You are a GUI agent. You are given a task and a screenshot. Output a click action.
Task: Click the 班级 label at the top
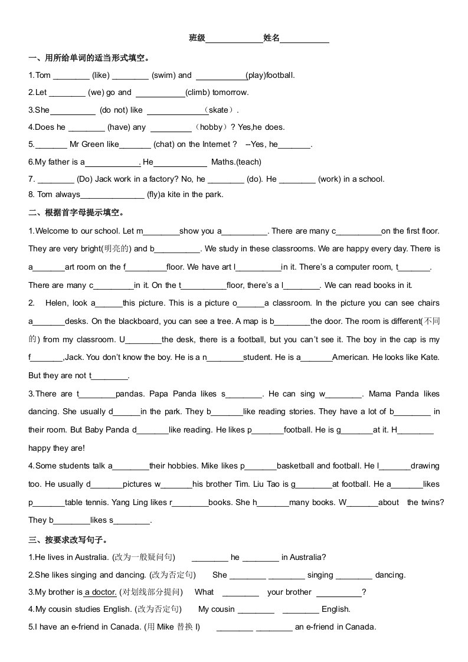tap(197, 38)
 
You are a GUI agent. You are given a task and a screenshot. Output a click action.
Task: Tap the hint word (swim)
tap(163, 75)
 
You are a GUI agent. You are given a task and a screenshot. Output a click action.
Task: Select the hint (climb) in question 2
tap(198, 92)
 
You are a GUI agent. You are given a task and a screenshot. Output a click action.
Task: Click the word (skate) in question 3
tap(218, 110)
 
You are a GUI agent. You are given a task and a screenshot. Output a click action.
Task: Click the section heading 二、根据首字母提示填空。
tap(77, 212)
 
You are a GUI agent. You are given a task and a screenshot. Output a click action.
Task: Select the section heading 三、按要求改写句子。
tap(68, 539)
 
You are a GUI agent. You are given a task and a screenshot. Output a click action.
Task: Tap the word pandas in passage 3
tap(129, 394)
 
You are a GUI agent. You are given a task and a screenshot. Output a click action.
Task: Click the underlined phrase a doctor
tap(100, 592)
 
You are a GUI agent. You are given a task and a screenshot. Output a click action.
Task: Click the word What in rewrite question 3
tap(204, 592)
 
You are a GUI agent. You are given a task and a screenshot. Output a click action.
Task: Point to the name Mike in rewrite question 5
tap(166, 627)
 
